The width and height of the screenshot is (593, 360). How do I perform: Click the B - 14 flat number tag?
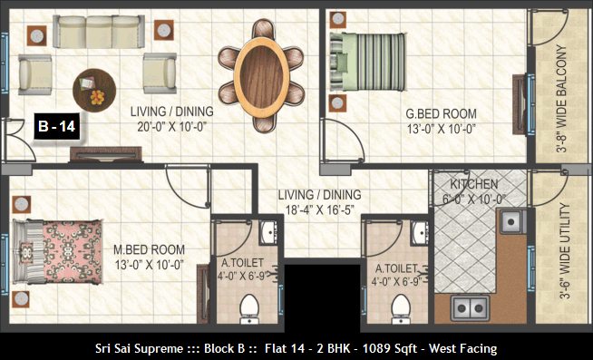pyautogui.click(x=57, y=126)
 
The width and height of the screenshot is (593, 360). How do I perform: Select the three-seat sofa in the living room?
pyautogui.click(x=99, y=32)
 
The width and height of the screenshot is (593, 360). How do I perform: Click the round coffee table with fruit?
pyautogui.click(x=94, y=90)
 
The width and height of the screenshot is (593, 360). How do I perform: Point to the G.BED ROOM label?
pyautogui.click(x=441, y=114)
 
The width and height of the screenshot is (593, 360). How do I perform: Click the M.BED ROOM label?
pyautogui.click(x=149, y=249)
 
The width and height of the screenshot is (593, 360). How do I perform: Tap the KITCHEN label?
pyautogui.click(x=474, y=185)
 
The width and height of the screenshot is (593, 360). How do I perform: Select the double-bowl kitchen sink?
pyautogui.click(x=470, y=307)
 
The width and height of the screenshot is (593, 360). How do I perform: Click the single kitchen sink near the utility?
pyautogui.click(x=513, y=221)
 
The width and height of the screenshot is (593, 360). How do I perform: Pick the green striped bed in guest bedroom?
pyautogui.click(x=367, y=62)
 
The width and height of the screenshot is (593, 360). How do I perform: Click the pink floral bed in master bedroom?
pyautogui.click(x=57, y=251)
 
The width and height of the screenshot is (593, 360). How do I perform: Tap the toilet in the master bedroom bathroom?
pyautogui.click(x=249, y=309)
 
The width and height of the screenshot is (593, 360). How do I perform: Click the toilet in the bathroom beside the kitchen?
pyautogui.click(x=401, y=309)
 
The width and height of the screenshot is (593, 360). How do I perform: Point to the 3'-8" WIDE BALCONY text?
pyautogui.click(x=561, y=99)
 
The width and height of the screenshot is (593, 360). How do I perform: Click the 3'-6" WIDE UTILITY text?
pyautogui.click(x=564, y=251)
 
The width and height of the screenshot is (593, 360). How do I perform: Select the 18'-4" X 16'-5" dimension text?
pyautogui.click(x=319, y=209)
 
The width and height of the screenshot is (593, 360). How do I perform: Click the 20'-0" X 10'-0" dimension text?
pyautogui.click(x=171, y=127)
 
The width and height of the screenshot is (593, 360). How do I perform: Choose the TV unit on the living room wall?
pyautogui.click(x=106, y=154)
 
